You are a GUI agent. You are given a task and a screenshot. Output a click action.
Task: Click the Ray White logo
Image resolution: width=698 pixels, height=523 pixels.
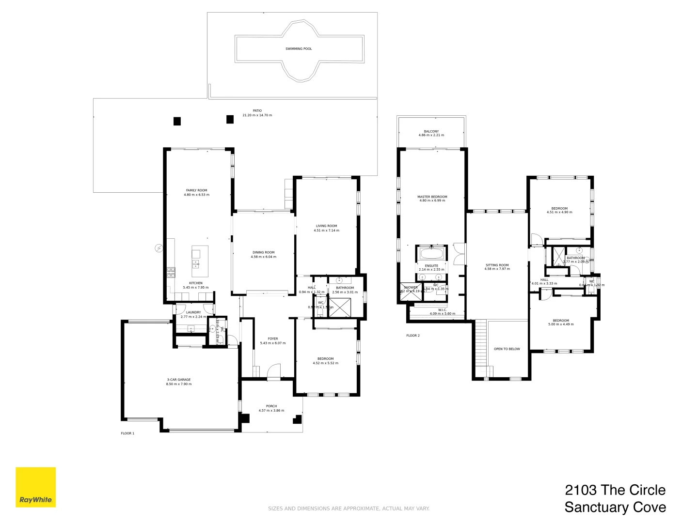click(x=35, y=487)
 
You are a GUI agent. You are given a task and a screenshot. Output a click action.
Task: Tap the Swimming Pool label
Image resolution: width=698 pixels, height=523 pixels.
click(x=299, y=49)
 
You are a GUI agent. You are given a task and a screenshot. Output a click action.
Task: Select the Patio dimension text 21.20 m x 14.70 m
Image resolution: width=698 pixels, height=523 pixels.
click(x=257, y=115)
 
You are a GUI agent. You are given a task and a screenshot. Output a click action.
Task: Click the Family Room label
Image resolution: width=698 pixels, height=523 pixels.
click(x=196, y=190)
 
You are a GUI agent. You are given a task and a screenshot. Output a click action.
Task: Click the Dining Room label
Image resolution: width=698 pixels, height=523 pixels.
click(x=263, y=252)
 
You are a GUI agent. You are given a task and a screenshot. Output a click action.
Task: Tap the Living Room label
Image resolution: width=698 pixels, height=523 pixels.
click(x=326, y=226)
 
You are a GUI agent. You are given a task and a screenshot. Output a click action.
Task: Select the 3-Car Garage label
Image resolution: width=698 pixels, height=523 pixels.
click(x=178, y=380)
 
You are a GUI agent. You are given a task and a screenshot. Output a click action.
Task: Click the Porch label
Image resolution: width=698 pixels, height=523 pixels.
click(x=271, y=406)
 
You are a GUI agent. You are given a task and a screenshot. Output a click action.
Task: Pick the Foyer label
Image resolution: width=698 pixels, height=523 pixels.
click(x=272, y=338)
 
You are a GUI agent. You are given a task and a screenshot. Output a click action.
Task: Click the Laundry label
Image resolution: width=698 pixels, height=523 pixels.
click(x=193, y=312)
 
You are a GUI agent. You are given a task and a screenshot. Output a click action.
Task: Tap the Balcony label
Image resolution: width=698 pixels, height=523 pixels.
click(x=431, y=131)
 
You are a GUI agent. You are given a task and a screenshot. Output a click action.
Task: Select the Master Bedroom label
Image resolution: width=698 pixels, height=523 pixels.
click(x=432, y=197)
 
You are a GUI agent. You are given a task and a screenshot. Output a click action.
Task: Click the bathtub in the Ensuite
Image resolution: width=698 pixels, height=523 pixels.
click(x=431, y=253)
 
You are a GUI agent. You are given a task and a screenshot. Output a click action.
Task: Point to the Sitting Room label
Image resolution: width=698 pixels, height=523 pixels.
click(x=497, y=265)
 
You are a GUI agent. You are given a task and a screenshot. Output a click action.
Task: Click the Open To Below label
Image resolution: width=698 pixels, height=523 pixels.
click(x=507, y=349)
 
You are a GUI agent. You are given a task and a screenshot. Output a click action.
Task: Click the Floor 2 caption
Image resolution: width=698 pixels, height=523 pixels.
click(x=412, y=335)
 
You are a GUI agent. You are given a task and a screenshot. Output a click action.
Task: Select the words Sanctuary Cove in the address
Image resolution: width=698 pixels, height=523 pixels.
click(x=615, y=507)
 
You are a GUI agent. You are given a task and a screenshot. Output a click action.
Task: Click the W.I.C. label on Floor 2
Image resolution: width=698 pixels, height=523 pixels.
click(x=442, y=310)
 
